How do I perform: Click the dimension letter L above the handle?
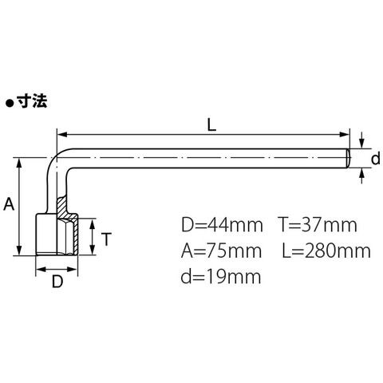[x=211, y=124]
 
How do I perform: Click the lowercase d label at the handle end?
[x=376, y=160]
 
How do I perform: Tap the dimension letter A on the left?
[x=9, y=204]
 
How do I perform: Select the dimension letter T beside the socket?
[x=106, y=239]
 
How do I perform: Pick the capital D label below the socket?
[x=57, y=282]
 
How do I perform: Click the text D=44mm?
[x=222, y=225]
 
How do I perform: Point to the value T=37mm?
[x=318, y=225]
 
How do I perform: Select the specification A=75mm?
[x=221, y=251]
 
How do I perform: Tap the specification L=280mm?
[x=326, y=251]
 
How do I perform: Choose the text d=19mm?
[x=221, y=276]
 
